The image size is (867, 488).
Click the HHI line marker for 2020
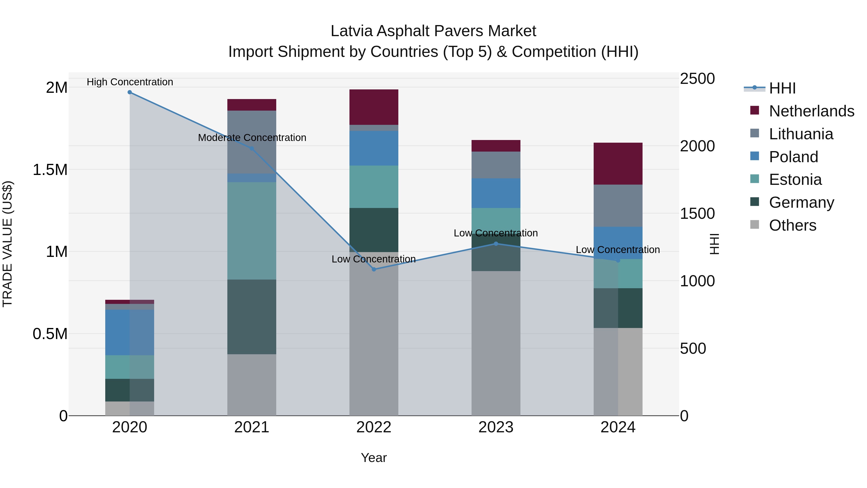point(130,92)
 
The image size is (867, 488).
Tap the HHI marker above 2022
point(374,269)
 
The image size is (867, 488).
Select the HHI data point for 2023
point(496,243)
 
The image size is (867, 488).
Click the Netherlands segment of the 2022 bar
point(374,107)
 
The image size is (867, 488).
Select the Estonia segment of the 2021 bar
point(251,231)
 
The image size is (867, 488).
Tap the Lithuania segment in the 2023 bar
point(496,165)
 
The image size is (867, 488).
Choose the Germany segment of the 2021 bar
point(251,317)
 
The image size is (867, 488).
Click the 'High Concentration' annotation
point(130,82)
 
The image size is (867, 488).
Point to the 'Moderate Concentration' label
point(252,138)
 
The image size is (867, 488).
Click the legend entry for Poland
point(793,157)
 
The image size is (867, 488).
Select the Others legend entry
point(792,225)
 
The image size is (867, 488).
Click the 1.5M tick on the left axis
point(50,170)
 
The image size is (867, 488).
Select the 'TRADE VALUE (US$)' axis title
point(8,244)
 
